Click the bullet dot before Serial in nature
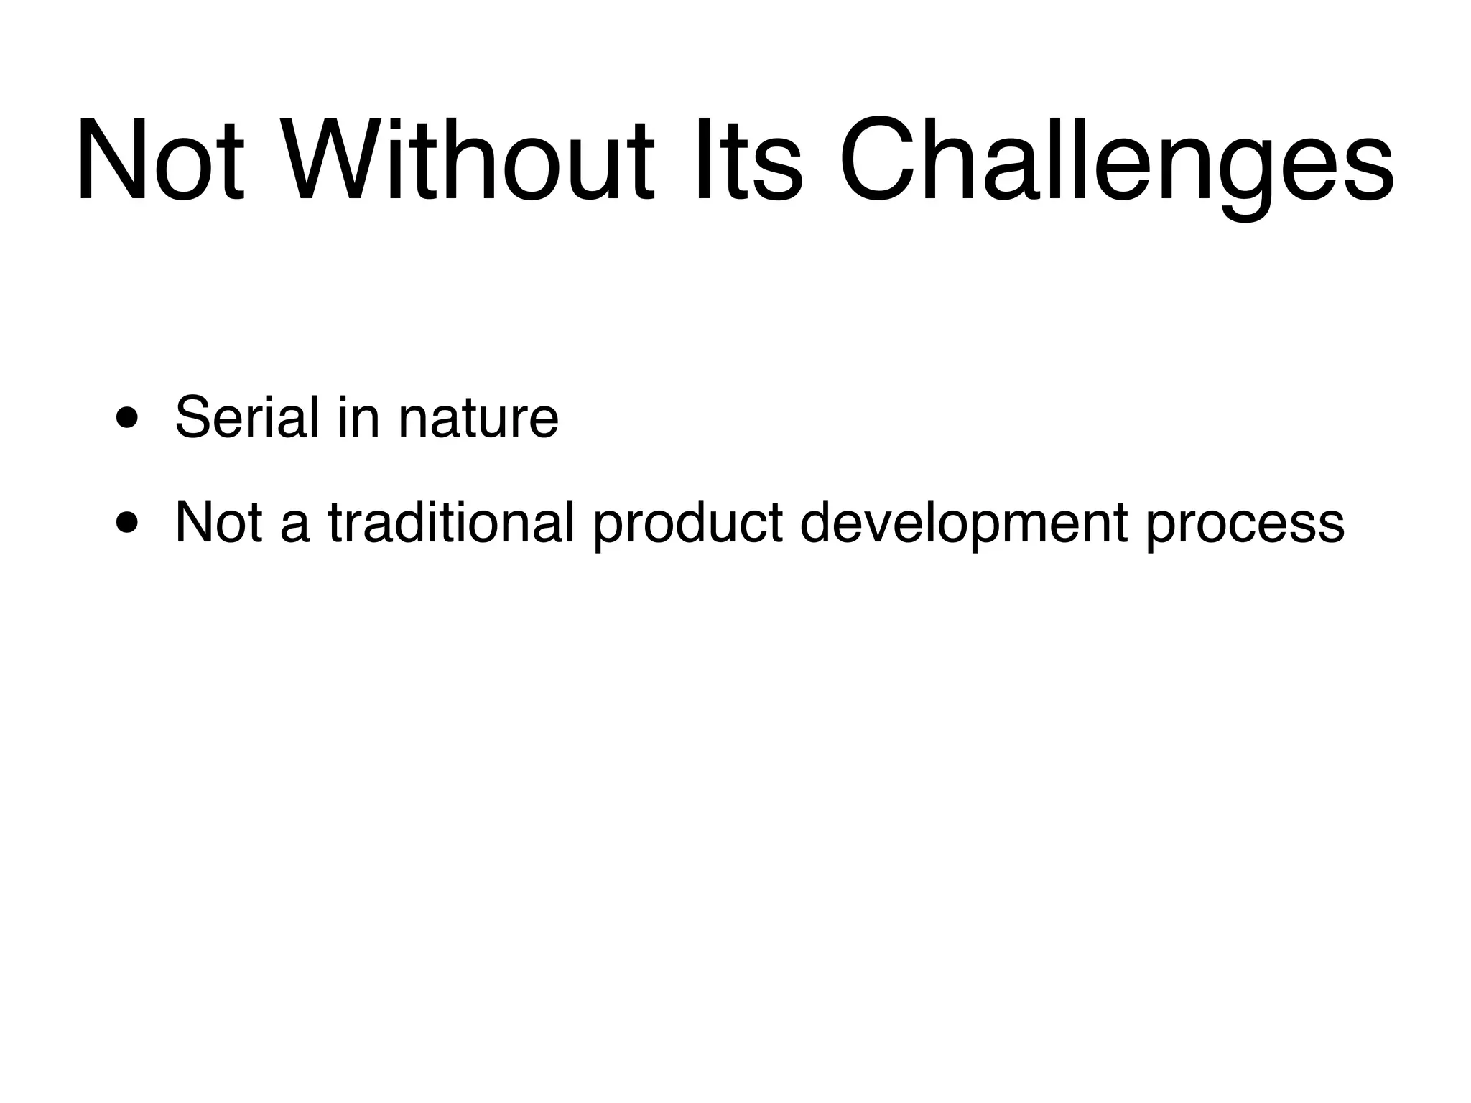point(127,418)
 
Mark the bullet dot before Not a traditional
point(127,523)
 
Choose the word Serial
point(246,417)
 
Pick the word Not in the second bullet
point(218,523)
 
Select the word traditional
point(451,523)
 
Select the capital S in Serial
point(195,417)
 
